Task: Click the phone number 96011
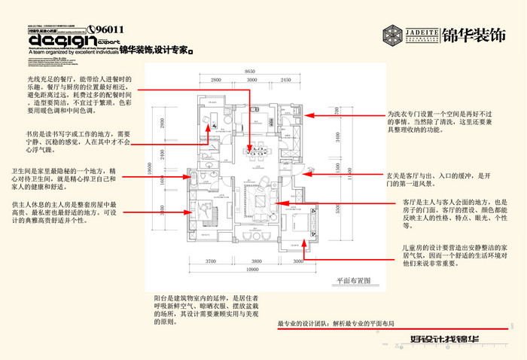(109, 31)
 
